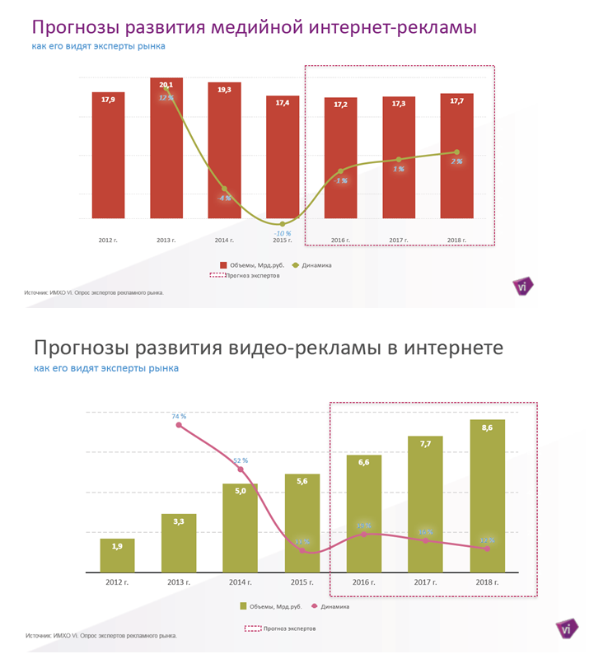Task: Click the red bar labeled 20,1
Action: (166, 148)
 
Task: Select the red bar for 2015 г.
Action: (282, 156)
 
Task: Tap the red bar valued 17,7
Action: (456, 156)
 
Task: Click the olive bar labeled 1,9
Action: (117, 555)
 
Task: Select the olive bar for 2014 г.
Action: (241, 527)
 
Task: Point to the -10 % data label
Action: (282, 234)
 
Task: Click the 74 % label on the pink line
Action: (179, 417)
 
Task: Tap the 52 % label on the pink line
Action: (241, 461)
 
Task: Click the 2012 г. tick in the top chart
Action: (109, 241)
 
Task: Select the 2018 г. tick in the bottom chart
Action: (488, 582)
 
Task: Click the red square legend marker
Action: (222, 265)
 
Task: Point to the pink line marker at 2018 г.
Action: (488, 549)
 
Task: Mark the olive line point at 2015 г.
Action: (282, 224)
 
